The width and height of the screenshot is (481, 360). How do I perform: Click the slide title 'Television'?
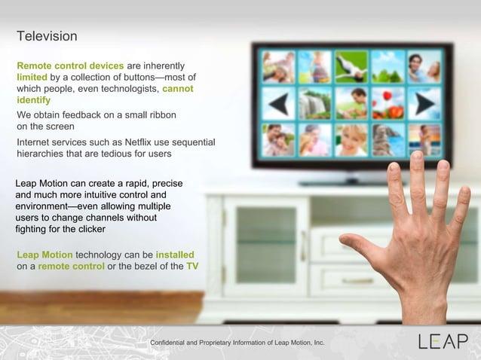[47, 36]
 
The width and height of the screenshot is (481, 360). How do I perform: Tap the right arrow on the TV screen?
[424, 103]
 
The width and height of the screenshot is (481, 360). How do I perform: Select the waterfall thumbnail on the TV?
[314, 103]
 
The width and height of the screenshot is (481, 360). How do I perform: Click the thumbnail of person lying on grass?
[351, 67]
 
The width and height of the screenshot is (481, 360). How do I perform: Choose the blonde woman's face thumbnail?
[351, 139]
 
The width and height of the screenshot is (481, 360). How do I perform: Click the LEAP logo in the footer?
[443, 341]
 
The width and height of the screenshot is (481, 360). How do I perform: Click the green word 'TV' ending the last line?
[192, 266]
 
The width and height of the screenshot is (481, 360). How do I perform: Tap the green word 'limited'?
[32, 77]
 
